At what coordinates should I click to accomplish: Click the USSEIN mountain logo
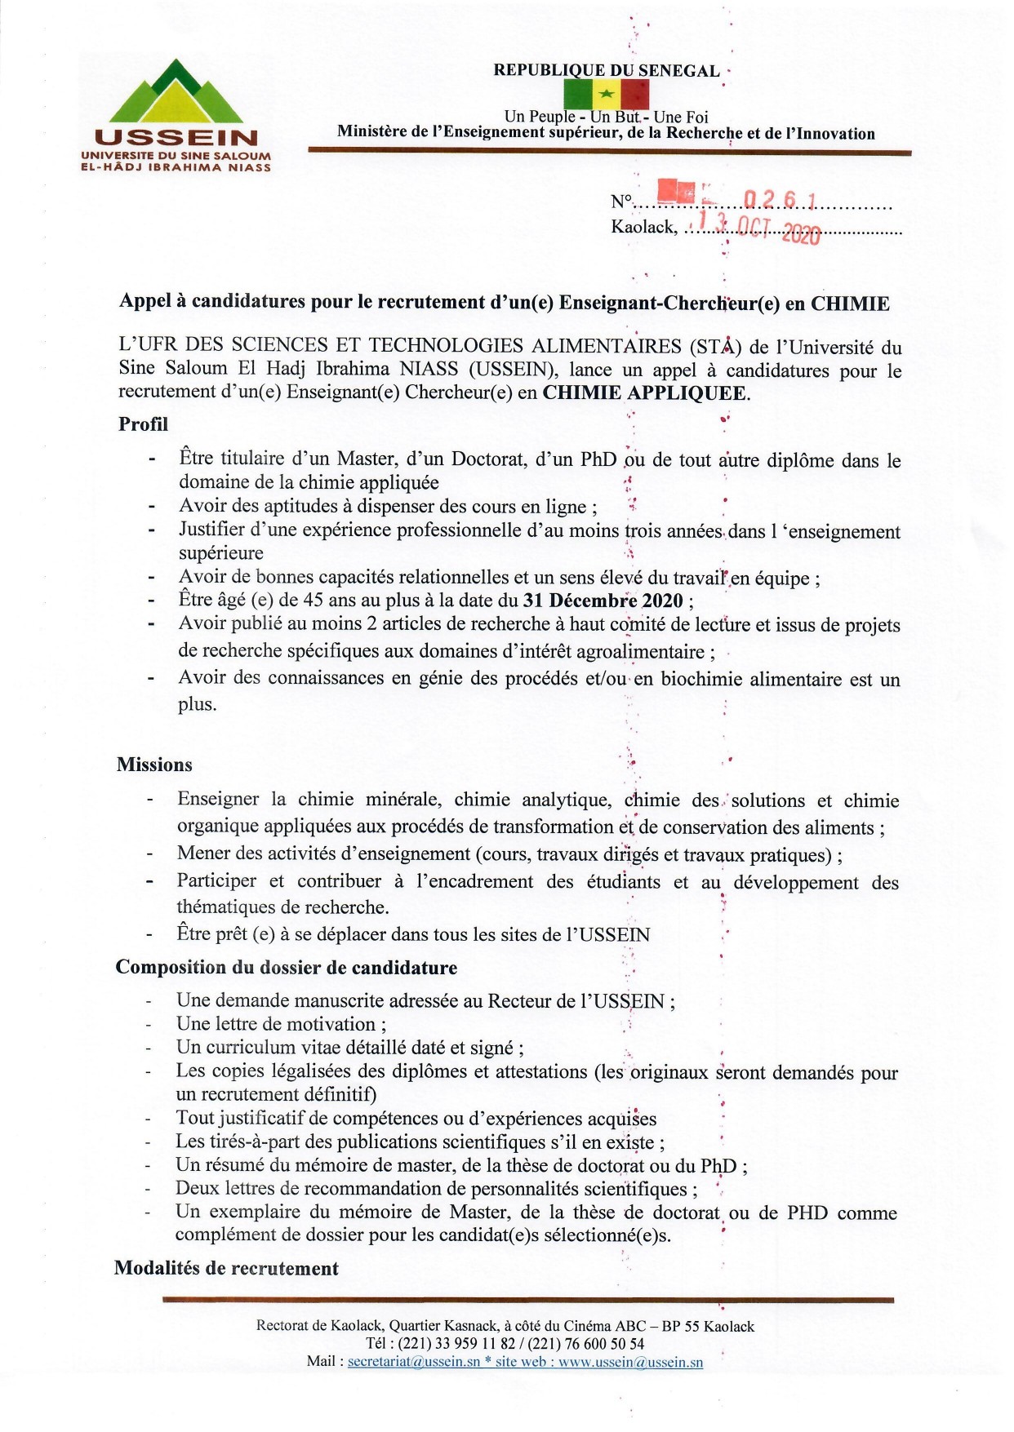[175, 91]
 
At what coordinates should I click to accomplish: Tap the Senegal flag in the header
[606, 94]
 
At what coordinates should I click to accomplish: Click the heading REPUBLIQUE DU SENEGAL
[606, 70]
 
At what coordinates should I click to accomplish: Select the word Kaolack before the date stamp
[643, 227]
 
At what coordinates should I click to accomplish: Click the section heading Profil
[143, 424]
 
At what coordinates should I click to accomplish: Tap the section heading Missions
[154, 765]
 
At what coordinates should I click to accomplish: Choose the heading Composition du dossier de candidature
[286, 968]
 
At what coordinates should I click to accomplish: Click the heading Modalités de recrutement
[226, 1268]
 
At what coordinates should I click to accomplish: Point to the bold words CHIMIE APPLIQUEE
[645, 392]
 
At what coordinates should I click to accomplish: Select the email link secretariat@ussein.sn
[414, 1362]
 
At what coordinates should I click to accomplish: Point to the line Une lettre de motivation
[281, 1024]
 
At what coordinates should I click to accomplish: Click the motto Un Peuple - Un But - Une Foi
[606, 117]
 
